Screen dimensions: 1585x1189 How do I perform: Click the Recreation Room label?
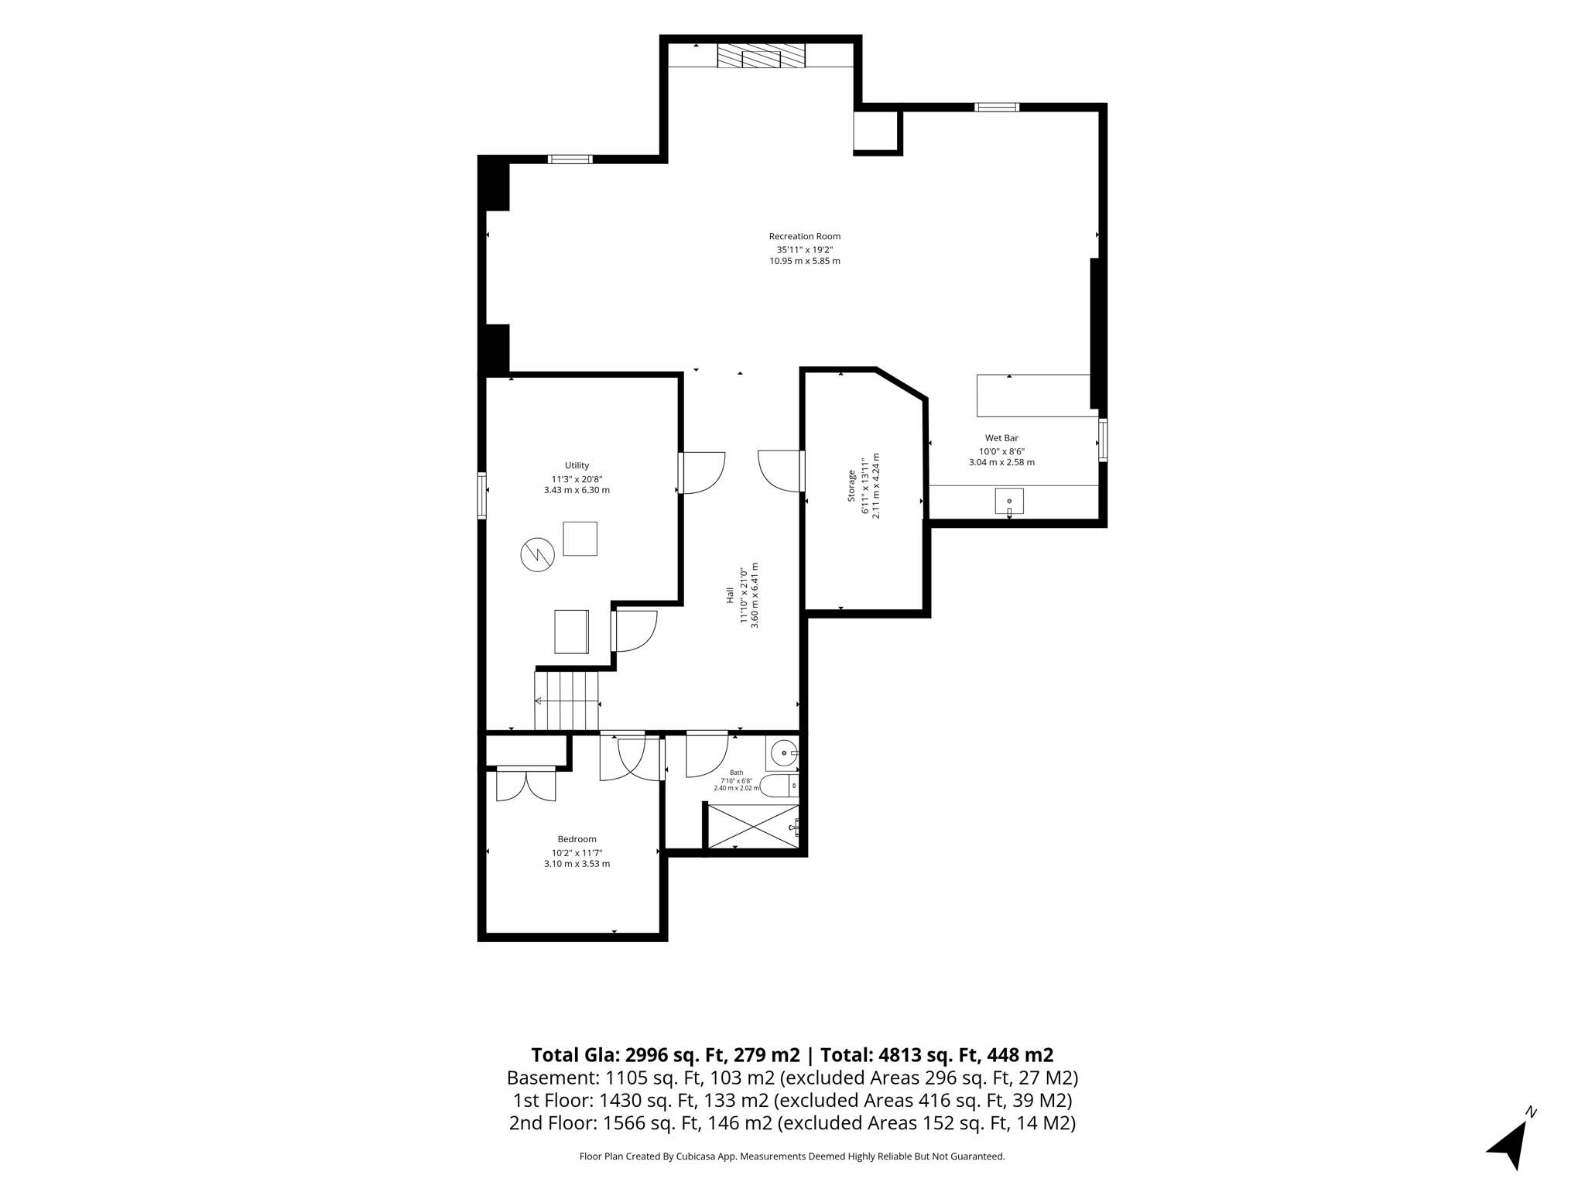point(804,236)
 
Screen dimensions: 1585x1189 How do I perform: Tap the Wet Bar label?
point(1001,438)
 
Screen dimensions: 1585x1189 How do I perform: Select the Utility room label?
point(577,465)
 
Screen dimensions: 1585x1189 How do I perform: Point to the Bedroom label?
point(577,839)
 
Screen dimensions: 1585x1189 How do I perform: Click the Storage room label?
point(851,485)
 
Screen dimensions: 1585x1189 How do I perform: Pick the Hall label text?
point(730,595)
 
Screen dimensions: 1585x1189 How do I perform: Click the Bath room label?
point(736,773)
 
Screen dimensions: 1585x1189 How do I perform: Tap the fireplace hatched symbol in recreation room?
point(761,55)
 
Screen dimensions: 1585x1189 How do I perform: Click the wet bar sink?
point(1009,502)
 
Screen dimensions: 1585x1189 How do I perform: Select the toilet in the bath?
point(779,786)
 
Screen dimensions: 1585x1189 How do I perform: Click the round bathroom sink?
point(784,752)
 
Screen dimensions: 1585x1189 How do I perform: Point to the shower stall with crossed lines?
point(753,827)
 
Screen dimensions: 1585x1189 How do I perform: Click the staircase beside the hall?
point(567,701)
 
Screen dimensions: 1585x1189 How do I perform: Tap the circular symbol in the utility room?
point(537,554)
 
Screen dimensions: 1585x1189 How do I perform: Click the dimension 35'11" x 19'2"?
point(805,250)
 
